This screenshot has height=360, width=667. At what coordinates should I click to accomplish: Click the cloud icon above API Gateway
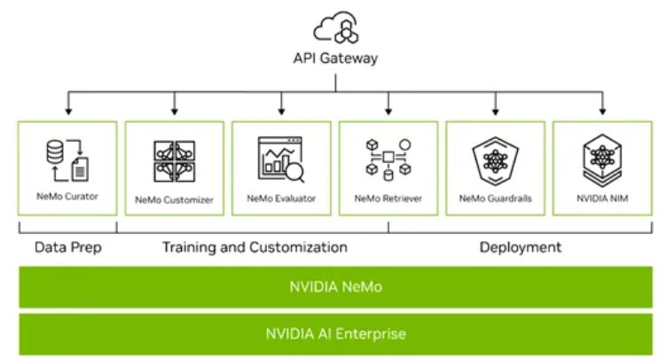[335, 27]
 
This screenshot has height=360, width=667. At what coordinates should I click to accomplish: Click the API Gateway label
[335, 59]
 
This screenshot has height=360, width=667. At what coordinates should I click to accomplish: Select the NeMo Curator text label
[67, 195]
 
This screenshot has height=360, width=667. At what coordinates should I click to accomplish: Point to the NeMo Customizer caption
[175, 200]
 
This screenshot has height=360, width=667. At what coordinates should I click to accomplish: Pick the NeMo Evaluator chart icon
[281, 160]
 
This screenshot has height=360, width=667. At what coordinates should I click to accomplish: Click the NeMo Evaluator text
[281, 199]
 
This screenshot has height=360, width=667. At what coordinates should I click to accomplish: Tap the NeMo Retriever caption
[388, 199]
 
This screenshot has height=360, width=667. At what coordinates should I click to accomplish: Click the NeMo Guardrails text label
[495, 199]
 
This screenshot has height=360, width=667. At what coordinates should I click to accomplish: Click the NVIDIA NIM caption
[602, 199]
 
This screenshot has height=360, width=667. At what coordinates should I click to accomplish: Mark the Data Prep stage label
[67, 247]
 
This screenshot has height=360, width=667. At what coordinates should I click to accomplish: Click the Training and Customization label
[255, 247]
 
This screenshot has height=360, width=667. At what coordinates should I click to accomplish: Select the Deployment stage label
[521, 247]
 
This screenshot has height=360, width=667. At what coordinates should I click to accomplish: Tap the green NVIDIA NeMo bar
[335, 287]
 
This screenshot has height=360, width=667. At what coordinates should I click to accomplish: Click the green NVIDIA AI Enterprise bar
[335, 334]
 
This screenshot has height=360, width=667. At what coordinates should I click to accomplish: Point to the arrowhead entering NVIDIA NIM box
[603, 112]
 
